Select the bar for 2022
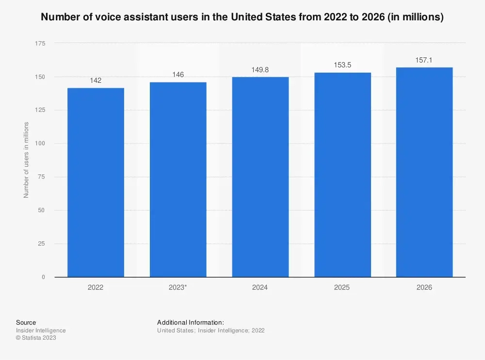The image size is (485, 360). pyautogui.click(x=96, y=183)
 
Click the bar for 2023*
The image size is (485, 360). pyautogui.click(x=178, y=180)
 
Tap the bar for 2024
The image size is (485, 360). pyautogui.click(x=260, y=177)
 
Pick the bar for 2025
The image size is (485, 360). pyautogui.click(x=342, y=175)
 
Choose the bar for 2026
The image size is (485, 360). pyautogui.click(x=424, y=172)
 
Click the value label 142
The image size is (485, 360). pyautogui.click(x=96, y=80)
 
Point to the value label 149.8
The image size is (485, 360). pyautogui.click(x=260, y=70)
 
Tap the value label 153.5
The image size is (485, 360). pyautogui.click(x=342, y=65)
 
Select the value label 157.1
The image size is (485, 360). pyautogui.click(x=424, y=60)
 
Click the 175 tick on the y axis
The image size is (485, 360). pyautogui.click(x=40, y=44)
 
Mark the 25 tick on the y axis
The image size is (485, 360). pyautogui.click(x=42, y=244)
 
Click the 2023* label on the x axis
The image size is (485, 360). pyautogui.click(x=178, y=287)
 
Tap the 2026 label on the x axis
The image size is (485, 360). pyautogui.click(x=424, y=287)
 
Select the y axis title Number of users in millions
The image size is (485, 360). pyautogui.click(x=26, y=160)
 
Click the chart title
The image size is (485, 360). pyautogui.click(x=242, y=17)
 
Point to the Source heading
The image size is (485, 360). pyautogui.click(x=26, y=322)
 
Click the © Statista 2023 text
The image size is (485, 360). pyautogui.click(x=36, y=338)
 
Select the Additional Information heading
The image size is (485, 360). pyautogui.click(x=190, y=322)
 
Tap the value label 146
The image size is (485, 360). pyautogui.click(x=178, y=75)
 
